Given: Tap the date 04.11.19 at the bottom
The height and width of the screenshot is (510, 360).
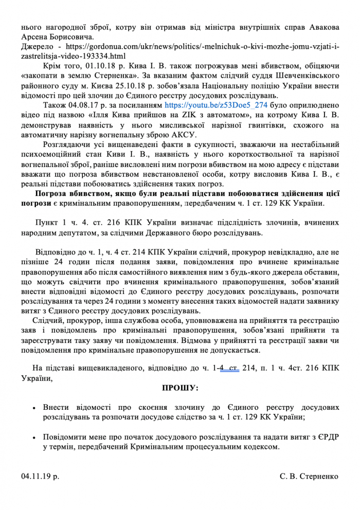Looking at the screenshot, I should [40, 476].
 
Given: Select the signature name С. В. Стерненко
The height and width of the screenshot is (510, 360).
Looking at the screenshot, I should [309, 476].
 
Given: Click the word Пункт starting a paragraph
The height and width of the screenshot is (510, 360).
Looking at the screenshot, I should [46, 223].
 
